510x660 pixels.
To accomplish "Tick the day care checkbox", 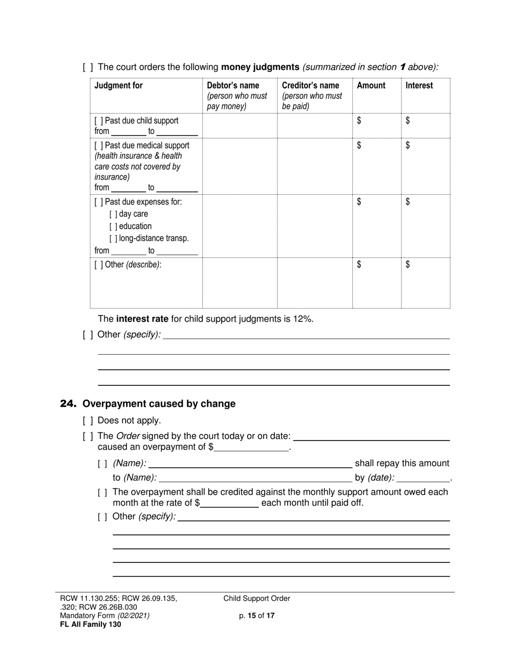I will pos(113,214).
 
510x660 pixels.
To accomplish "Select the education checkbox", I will pos(113,226).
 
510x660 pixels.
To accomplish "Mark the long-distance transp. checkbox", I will pos(113,238).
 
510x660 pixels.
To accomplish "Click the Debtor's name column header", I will pos(233,85).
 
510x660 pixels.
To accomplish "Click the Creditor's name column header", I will pos(310,85).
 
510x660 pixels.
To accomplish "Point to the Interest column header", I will pos(419,85).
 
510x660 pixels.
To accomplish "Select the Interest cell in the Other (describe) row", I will pos(425,283).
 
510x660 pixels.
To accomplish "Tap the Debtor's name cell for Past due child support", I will pos(239,126).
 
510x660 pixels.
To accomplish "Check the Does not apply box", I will pos(88,421).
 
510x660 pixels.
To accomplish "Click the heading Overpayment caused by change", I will pos(159,404).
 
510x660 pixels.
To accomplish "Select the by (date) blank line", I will pos(423,478).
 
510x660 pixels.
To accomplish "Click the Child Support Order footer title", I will pos(257,598).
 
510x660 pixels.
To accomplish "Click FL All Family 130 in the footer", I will pos(90,624).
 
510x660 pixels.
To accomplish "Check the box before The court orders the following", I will pos(88,68).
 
